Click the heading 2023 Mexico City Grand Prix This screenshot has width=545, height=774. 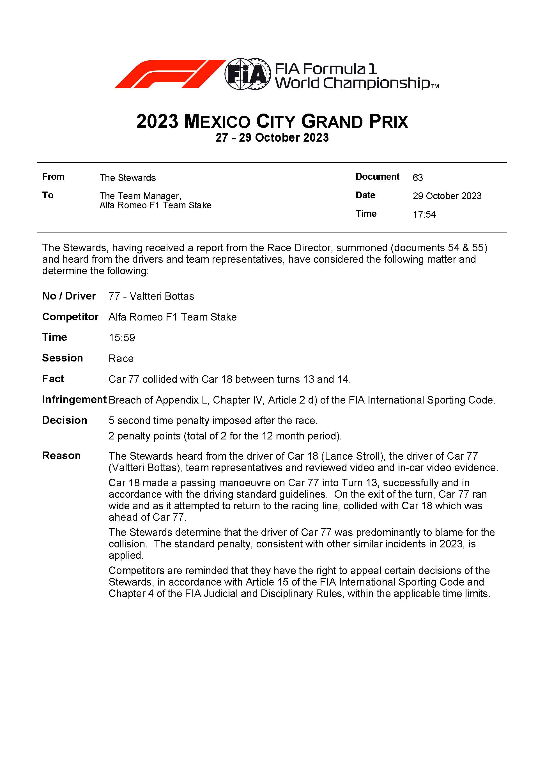(272, 121)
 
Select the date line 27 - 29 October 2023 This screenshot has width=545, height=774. (272, 137)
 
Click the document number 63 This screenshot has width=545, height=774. (418, 178)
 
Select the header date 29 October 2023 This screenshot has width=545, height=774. (447, 196)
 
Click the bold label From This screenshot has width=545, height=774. (53, 177)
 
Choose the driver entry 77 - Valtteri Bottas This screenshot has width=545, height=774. (151, 296)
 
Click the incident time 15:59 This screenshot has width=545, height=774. (121, 338)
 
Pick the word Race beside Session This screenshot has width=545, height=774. (121, 358)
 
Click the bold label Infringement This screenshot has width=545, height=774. (74, 399)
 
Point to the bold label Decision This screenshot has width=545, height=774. (65, 420)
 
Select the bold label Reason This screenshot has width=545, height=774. (61, 456)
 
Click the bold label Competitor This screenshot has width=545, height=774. (70, 317)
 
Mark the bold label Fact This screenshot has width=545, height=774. (53, 379)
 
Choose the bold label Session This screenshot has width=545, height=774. (62, 358)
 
